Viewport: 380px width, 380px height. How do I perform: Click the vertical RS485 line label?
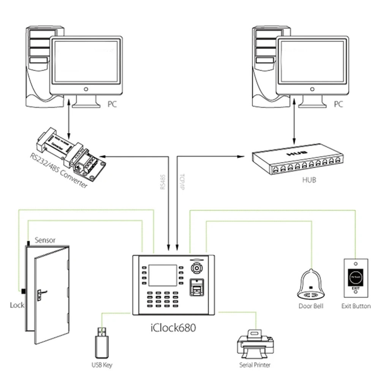(x=163, y=182)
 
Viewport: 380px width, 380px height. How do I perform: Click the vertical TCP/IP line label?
(x=181, y=182)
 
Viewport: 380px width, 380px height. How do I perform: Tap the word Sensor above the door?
(x=45, y=240)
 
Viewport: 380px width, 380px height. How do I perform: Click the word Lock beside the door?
(x=17, y=305)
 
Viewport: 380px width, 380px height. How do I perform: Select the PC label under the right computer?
(x=338, y=104)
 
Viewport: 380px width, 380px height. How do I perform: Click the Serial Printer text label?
(x=255, y=365)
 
